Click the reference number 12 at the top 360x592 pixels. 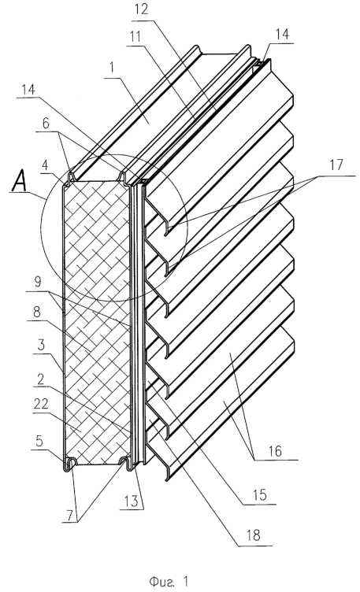141,9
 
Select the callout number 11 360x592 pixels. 135,37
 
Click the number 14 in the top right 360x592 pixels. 282,35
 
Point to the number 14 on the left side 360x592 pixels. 28,90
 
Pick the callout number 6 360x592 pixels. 46,124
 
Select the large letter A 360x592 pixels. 19,183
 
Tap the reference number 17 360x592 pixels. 336,165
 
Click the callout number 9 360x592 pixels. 38,283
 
